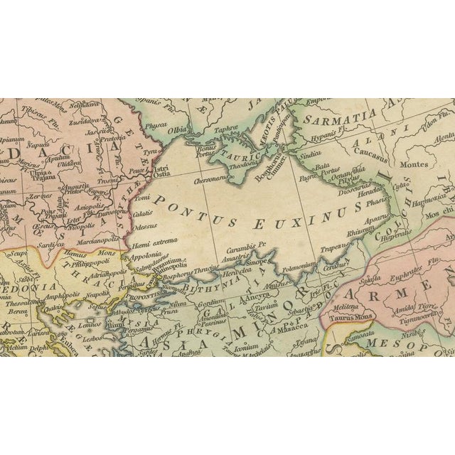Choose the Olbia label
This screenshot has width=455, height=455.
[178, 131]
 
